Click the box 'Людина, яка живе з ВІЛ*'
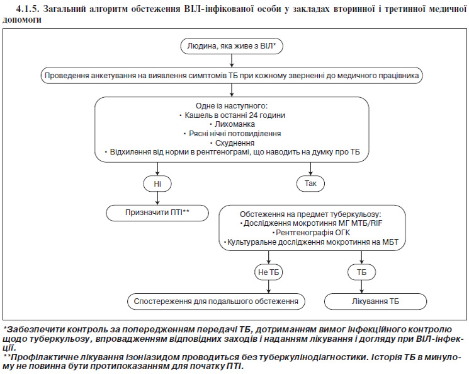[232, 46]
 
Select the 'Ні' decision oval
[157, 184]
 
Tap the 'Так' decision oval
[310, 184]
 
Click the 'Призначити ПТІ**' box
[157, 213]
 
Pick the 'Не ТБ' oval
[269, 272]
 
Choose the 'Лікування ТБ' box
[375, 301]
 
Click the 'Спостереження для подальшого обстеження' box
[216, 301]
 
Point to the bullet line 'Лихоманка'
[232, 124]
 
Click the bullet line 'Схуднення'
[232, 143]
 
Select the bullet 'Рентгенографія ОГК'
[311, 233]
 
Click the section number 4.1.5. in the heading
[28, 9]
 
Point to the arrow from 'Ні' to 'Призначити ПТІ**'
[157, 199]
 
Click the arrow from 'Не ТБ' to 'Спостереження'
[269, 287]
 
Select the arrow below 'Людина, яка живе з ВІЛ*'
[232, 61]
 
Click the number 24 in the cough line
[253, 115]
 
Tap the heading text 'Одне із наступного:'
[232, 106]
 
